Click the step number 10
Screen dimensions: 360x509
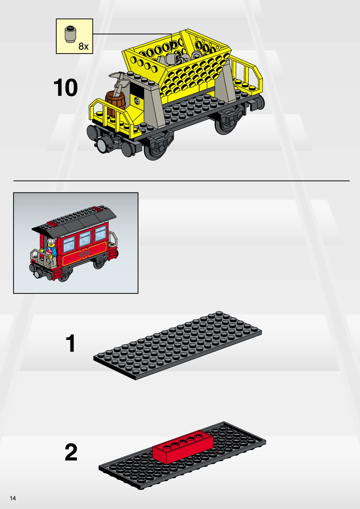[x=65, y=87]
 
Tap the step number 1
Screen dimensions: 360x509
[x=70, y=343]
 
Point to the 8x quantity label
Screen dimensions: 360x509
[x=83, y=46]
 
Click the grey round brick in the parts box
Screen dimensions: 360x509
[x=70, y=34]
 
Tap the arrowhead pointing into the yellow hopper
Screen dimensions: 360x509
[x=171, y=45]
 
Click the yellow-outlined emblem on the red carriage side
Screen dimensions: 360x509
[x=84, y=254]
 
